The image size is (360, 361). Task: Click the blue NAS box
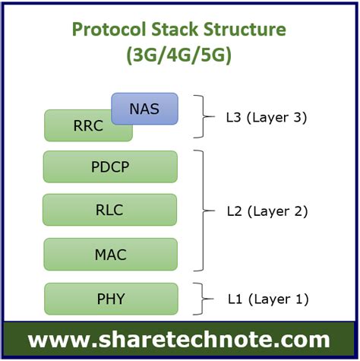tap(144, 109)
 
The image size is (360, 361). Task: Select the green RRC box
tap(76, 127)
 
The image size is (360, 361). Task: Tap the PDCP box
tap(110, 166)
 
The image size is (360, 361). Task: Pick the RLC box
tap(110, 210)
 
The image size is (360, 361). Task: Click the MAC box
tap(110, 254)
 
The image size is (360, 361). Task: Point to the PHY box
tap(110, 299)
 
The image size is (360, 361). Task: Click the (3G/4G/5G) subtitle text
tap(179, 56)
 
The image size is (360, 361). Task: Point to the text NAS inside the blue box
tap(144, 109)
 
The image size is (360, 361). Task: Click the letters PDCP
tap(110, 166)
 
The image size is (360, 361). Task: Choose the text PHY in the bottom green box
tap(110, 299)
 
